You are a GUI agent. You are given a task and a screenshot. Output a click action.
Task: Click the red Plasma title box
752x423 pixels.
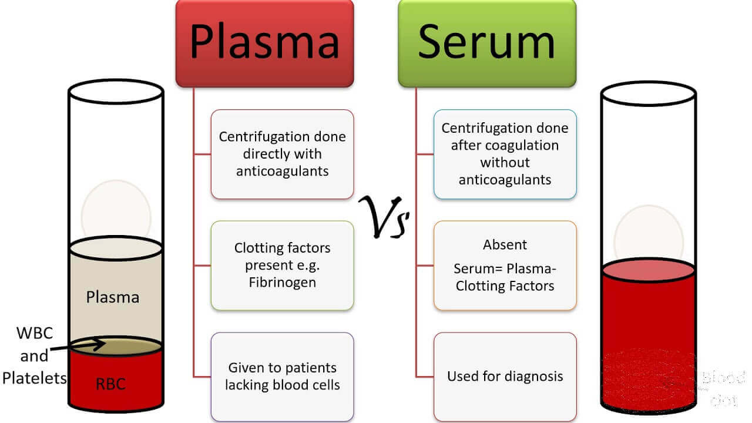(x=264, y=43)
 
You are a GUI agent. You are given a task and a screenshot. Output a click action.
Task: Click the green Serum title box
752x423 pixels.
(x=487, y=43)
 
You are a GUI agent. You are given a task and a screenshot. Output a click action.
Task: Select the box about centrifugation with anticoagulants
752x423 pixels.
(x=282, y=154)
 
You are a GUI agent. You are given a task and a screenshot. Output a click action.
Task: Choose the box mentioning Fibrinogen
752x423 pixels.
(x=282, y=265)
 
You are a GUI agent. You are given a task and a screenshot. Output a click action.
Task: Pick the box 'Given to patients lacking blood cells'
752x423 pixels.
(x=282, y=377)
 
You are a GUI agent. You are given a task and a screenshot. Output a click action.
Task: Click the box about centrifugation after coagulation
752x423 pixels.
(x=505, y=154)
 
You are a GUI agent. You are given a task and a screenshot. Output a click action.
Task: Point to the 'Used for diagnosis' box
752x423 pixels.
(x=505, y=377)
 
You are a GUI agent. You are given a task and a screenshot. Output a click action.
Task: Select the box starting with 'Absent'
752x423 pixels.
(x=505, y=265)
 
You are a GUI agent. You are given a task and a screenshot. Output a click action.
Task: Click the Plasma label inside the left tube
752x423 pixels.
(x=113, y=297)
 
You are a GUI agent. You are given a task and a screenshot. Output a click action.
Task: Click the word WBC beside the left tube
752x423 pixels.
(x=34, y=334)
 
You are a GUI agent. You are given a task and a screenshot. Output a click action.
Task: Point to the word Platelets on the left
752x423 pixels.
(x=34, y=378)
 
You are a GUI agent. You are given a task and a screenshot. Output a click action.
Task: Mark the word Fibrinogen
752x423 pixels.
(x=283, y=282)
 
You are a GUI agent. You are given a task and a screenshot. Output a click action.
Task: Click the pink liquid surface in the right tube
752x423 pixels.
(x=648, y=270)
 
